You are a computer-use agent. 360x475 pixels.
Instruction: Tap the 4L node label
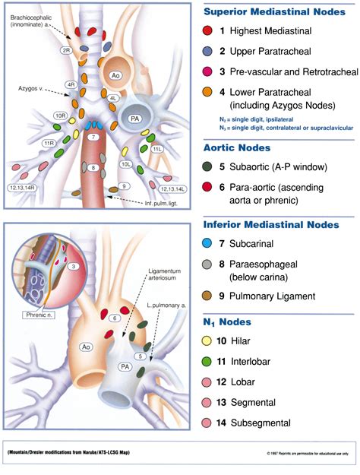112,98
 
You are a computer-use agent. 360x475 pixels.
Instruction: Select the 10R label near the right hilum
61,115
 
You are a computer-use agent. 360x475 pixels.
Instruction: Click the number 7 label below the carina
92,137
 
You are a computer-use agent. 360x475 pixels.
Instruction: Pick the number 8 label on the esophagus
93,168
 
